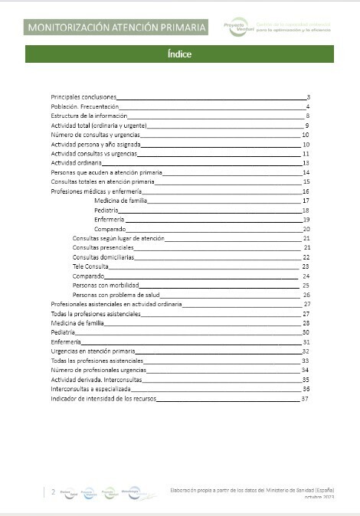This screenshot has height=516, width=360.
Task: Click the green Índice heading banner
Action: click(x=179, y=54)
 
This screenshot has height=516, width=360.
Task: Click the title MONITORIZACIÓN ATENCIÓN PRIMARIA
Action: click(x=117, y=28)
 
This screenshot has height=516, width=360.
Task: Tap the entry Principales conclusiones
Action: click(x=83, y=97)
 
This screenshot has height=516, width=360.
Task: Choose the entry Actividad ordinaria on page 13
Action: click(x=75, y=162)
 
